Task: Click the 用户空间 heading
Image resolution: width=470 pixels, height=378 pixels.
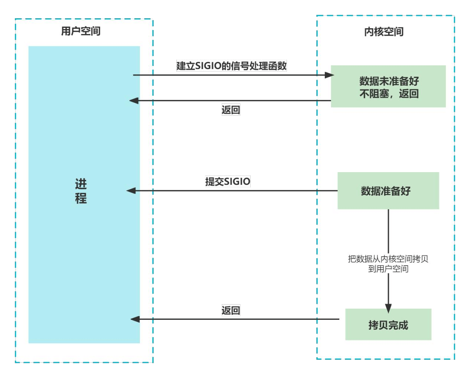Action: click(81, 31)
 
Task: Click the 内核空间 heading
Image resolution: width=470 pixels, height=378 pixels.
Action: click(383, 32)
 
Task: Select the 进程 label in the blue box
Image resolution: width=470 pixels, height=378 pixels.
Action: click(81, 191)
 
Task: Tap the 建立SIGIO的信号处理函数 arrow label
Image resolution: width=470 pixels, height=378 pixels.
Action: click(231, 66)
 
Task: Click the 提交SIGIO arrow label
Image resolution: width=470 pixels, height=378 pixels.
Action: click(228, 181)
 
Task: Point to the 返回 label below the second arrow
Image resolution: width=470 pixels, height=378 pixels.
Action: click(231, 110)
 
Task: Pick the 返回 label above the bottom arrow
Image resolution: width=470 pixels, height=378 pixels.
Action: click(231, 310)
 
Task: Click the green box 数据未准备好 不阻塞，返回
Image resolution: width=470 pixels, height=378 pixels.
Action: click(388, 86)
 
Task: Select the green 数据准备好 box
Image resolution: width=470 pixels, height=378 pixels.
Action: click(388, 191)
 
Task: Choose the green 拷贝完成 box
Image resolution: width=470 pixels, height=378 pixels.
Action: click(388, 325)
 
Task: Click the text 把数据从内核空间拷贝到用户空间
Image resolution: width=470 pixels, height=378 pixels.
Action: click(388, 264)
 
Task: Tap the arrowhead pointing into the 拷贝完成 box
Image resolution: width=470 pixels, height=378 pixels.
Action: click(388, 308)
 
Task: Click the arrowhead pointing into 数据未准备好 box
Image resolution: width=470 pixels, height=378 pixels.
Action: click(329, 75)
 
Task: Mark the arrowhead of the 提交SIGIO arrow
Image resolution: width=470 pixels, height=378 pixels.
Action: click(131, 191)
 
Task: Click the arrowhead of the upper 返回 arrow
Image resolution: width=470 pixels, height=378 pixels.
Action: click(134, 101)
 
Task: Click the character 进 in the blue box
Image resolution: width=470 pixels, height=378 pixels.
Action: click(81, 184)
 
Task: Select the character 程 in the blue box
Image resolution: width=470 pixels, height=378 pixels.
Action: click(81, 198)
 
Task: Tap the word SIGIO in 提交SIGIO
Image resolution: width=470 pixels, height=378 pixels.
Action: click(237, 181)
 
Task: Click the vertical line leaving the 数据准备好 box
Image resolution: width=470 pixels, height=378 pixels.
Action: click(388, 230)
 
